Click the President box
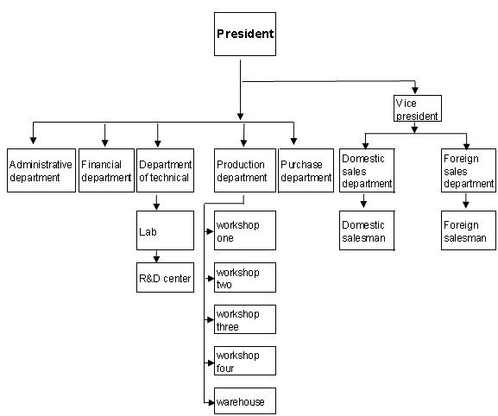click(245, 34)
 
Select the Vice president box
click(418, 108)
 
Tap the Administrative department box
click(41, 171)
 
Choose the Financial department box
click(106, 171)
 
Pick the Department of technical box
click(165, 171)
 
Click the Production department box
click(245, 171)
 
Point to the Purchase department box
click(306, 171)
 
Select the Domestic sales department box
click(367, 171)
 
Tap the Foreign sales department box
click(469, 171)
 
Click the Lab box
click(165, 230)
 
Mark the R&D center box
click(165, 278)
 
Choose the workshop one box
click(245, 230)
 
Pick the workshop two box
click(245, 278)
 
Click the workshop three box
click(245, 319)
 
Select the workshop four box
click(245, 361)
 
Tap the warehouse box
click(245, 401)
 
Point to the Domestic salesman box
click(367, 230)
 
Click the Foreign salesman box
click(469, 230)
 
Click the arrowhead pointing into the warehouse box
click(211, 403)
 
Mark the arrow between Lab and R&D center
click(156, 256)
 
